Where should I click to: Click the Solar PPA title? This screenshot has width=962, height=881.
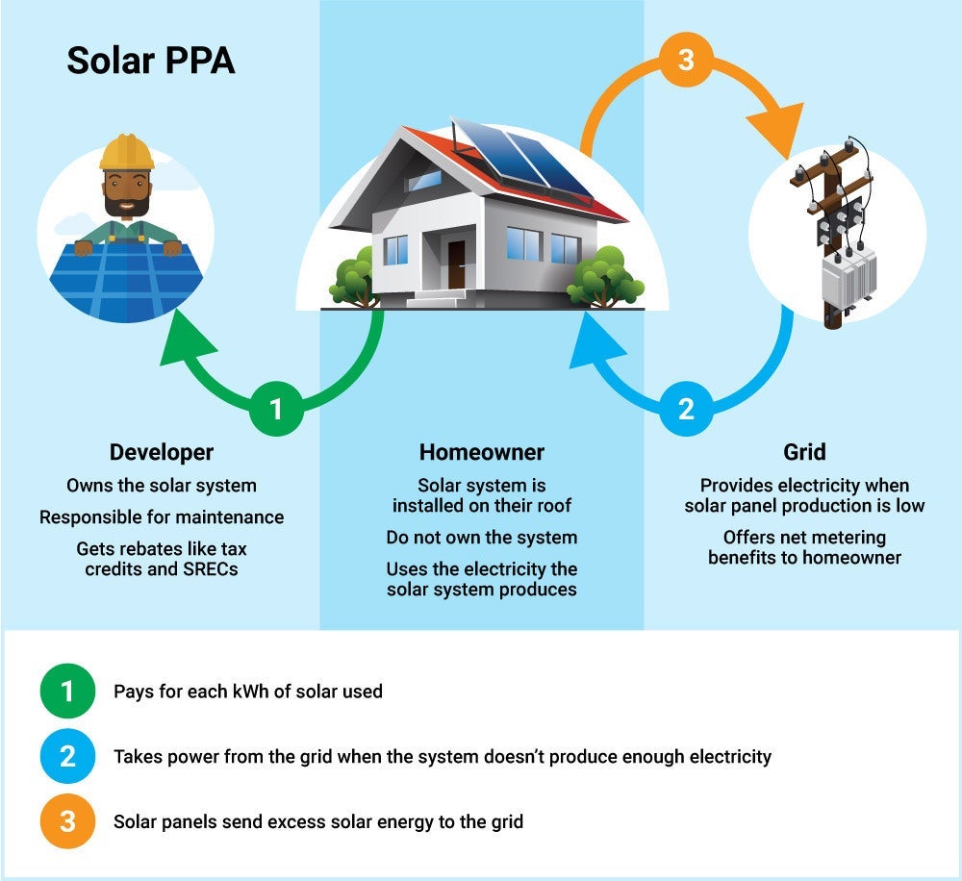(x=151, y=63)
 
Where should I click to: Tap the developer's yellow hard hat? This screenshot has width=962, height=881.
(x=126, y=152)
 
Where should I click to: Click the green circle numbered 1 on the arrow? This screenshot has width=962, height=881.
(x=276, y=409)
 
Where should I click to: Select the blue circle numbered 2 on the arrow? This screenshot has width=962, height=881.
(x=686, y=409)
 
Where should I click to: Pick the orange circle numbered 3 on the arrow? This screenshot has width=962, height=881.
(x=686, y=60)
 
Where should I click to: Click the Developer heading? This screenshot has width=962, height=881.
(x=162, y=452)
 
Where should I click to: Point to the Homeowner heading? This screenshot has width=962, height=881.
(x=481, y=452)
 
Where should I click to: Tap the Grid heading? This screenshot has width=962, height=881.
(x=804, y=452)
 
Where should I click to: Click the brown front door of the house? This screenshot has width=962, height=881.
(x=456, y=265)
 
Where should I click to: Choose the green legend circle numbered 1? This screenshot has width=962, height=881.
(x=67, y=691)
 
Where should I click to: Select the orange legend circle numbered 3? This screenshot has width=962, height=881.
(x=67, y=821)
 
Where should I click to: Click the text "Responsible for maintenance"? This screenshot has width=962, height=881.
(x=162, y=517)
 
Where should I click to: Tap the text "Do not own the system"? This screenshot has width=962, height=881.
(x=481, y=538)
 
